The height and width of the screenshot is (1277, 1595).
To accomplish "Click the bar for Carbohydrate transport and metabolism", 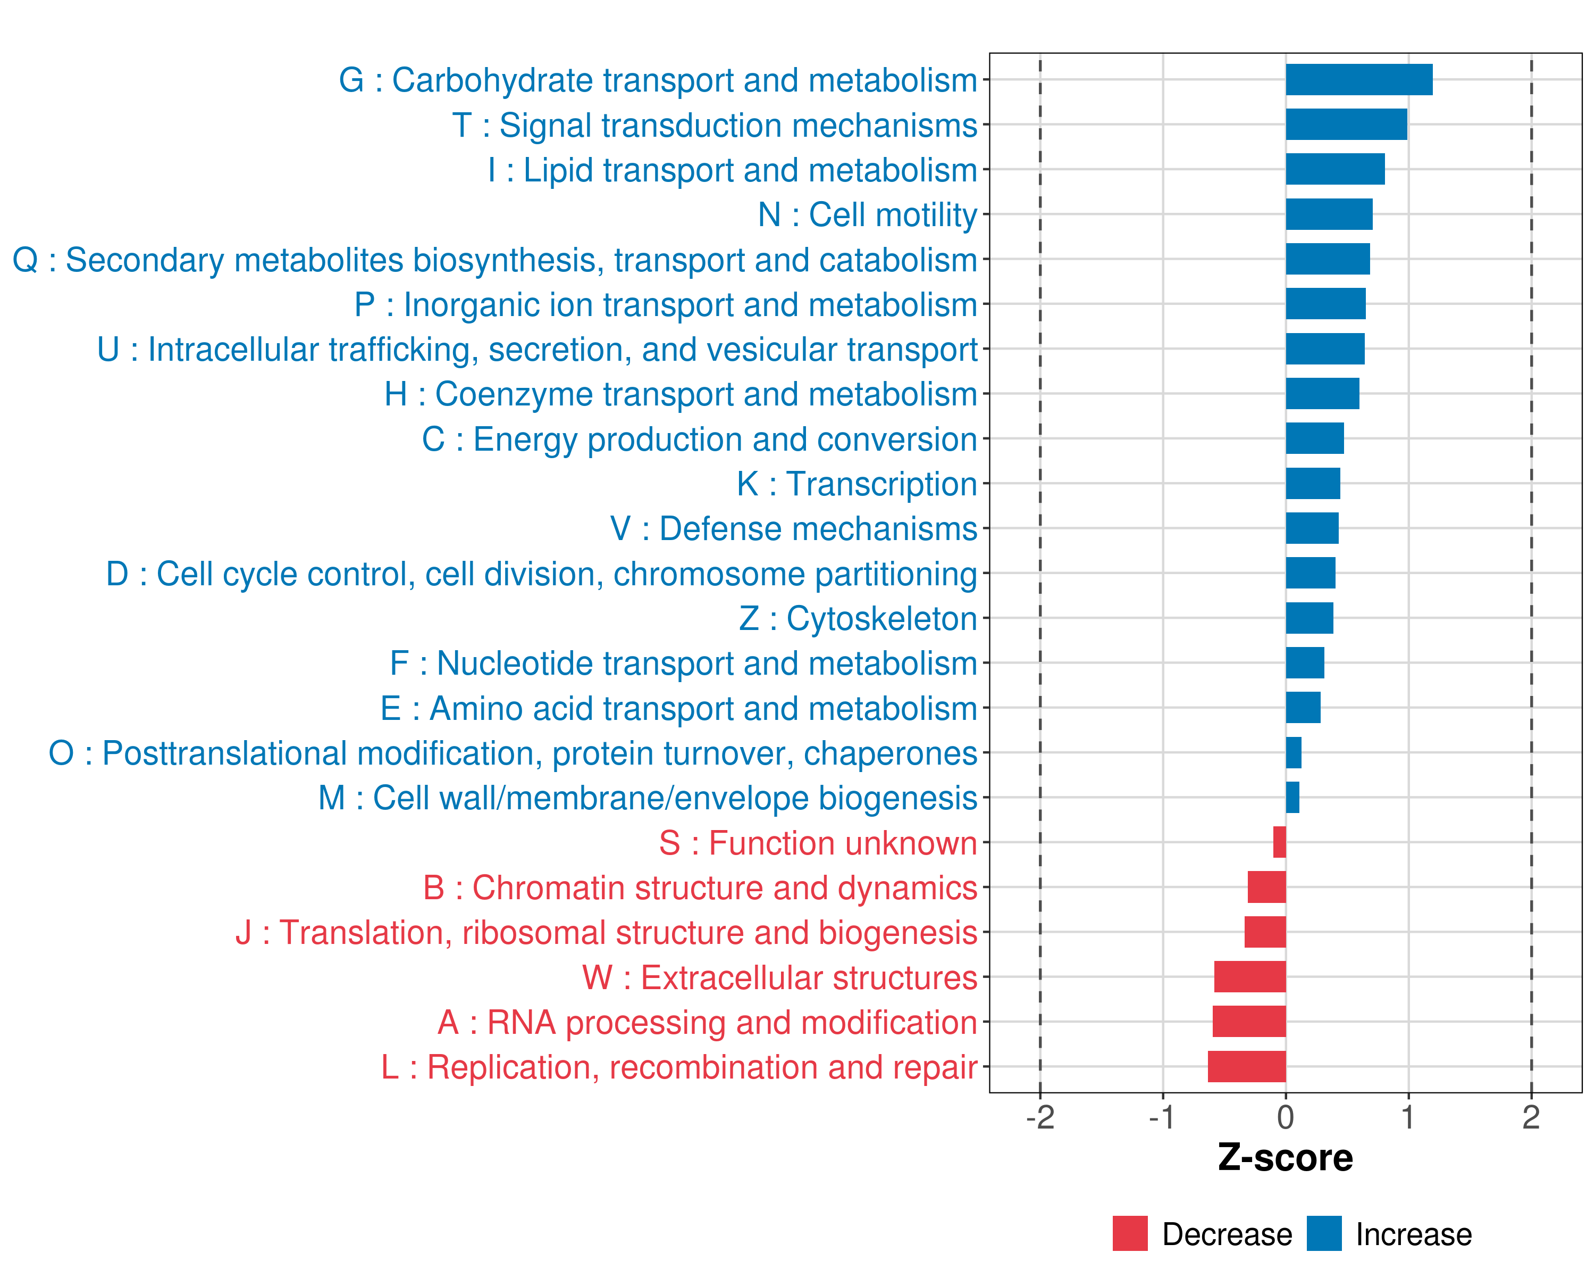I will [1358, 80].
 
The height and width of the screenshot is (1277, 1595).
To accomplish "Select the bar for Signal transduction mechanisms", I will [1346, 125].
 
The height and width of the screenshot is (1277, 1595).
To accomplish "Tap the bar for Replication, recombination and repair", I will [1247, 1067].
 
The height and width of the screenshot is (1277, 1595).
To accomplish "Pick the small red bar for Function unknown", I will [1279, 842].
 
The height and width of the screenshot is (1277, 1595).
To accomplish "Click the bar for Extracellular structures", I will [1249, 977].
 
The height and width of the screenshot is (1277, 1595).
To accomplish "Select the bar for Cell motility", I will [1329, 214].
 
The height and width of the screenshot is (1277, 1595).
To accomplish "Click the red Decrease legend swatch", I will [1130, 1233].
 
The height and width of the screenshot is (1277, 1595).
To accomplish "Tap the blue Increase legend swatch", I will [1323, 1233].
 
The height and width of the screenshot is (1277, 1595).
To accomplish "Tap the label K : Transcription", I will [857, 484].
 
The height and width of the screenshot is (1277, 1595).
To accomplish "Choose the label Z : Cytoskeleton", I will [858, 619].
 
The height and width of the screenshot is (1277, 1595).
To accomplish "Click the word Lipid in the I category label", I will [558, 170].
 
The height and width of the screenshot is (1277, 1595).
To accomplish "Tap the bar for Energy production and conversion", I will [1315, 438].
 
